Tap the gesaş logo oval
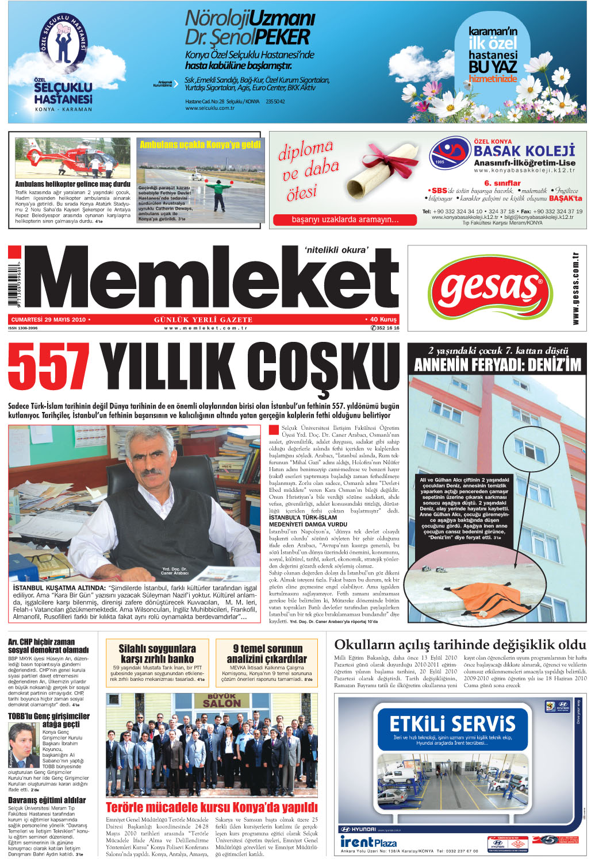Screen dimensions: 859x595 coord(488,288)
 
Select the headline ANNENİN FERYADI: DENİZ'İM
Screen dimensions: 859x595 coord(497,365)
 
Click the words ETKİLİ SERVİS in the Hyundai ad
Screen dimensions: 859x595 coord(452,723)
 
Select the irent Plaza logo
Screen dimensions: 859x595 coord(368,842)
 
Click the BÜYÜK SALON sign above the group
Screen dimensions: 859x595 coord(221,700)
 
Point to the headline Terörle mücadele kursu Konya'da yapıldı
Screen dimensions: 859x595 coord(212,807)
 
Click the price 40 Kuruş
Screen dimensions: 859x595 coord(381,319)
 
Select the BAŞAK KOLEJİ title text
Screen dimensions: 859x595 coord(524,151)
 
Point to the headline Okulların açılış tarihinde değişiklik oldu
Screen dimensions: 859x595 coord(460,645)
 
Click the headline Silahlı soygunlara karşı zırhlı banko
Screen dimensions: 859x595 coord(157,654)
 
